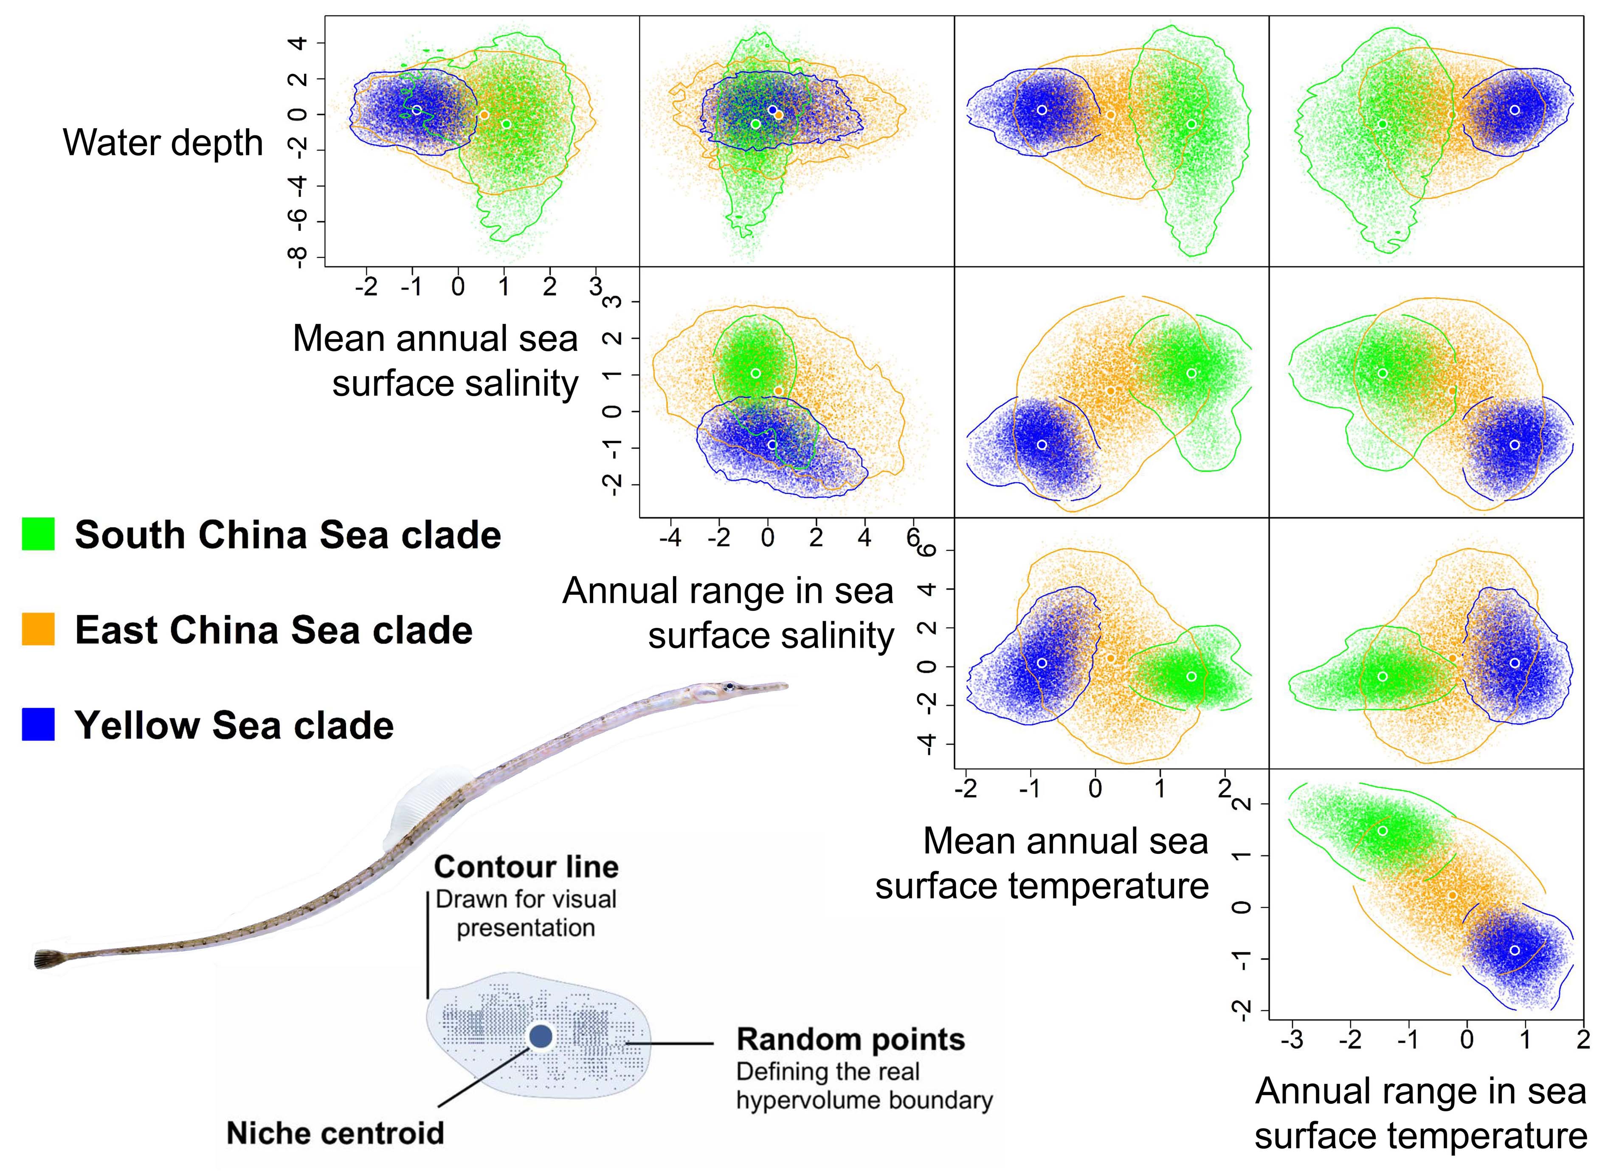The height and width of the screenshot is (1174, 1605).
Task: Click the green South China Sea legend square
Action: [x=38, y=534]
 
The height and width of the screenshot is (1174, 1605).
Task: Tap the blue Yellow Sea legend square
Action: [x=38, y=724]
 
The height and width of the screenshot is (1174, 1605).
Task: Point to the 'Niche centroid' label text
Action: [x=335, y=1133]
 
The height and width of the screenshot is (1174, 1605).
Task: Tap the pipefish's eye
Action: [x=729, y=686]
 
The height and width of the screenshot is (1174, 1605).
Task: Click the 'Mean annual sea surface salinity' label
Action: [x=436, y=360]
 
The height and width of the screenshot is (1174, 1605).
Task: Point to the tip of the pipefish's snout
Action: [x=786, y=686]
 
